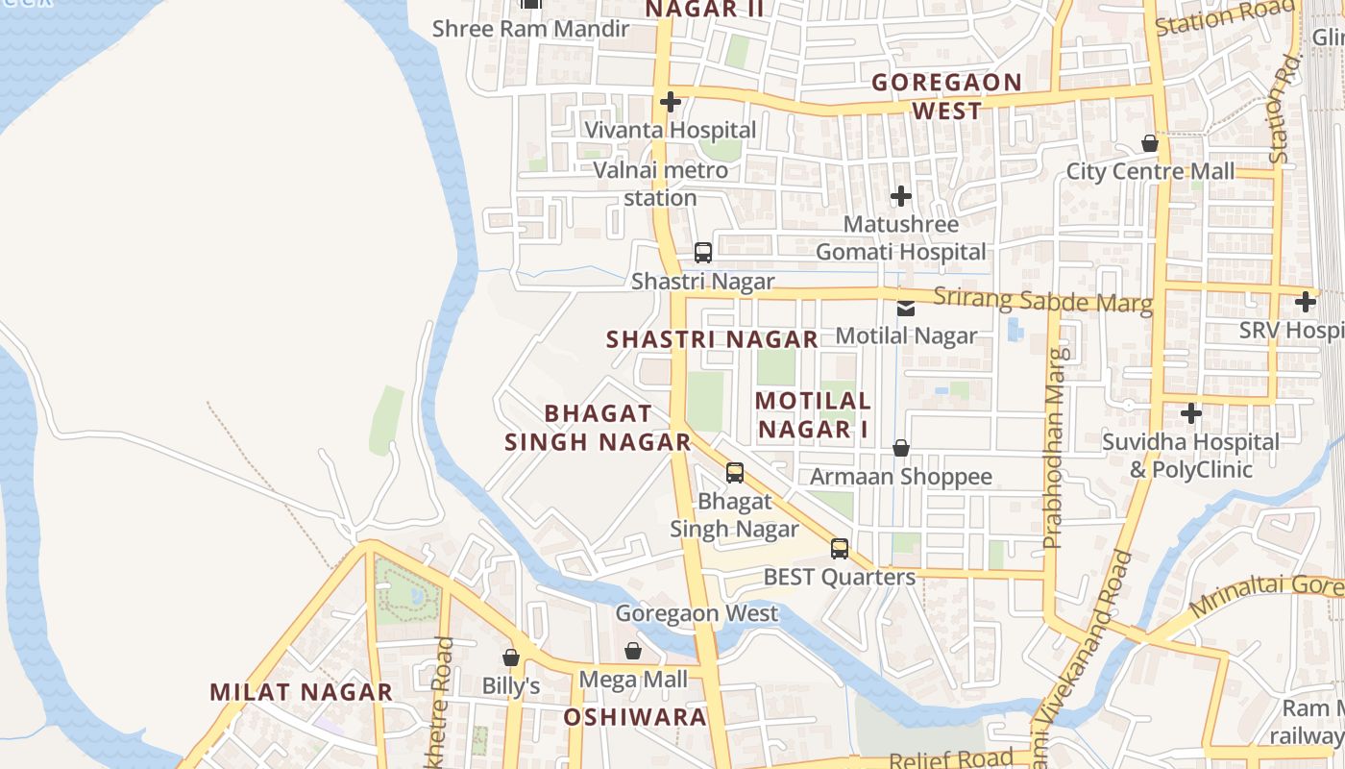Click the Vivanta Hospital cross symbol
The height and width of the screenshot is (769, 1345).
671,102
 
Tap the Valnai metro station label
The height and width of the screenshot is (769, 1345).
660,184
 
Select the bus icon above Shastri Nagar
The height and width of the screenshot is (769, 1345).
703,253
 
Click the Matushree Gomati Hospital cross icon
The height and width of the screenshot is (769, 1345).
900,197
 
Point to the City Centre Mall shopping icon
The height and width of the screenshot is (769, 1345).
1150,144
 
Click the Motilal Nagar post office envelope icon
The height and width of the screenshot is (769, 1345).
906,309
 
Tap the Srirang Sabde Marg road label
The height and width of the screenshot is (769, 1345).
1042,300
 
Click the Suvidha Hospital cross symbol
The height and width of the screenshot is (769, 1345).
1191,414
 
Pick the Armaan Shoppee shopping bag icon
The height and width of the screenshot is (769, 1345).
901,448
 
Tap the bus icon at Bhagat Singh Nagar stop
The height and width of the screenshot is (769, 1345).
735,472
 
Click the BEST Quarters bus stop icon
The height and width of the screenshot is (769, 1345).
840,549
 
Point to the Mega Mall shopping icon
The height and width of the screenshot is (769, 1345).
633,652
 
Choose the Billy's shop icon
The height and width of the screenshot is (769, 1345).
511,657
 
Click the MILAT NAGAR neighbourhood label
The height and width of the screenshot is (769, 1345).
301,692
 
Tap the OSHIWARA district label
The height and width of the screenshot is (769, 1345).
635,717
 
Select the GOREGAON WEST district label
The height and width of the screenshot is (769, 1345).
946,96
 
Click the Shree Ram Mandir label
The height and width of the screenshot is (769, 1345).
530,28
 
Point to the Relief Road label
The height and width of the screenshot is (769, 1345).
951,758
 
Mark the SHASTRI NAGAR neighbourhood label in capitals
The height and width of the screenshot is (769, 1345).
712,339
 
